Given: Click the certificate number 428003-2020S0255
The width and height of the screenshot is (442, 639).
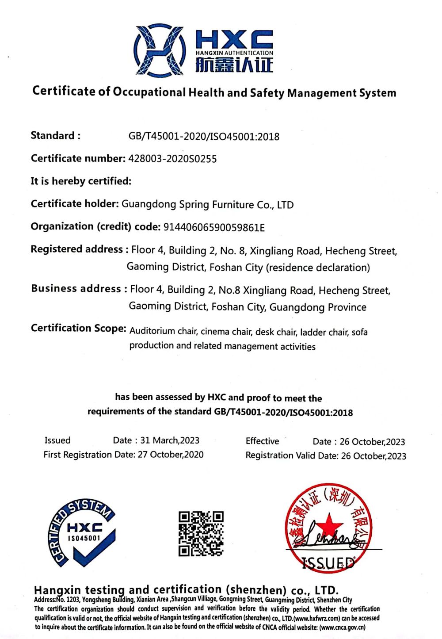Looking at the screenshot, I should [x=172, y=159].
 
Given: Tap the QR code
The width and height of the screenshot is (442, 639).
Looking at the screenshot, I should [x=201, y=533].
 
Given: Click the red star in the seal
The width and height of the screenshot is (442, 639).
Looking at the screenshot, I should [x=328, y=524].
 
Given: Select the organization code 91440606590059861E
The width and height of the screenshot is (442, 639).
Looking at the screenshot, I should [x=214, y=227].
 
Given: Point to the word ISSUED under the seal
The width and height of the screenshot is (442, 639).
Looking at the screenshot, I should [x=328, y=563].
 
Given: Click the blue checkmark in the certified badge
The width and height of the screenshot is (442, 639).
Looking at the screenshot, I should [x=93, y=551].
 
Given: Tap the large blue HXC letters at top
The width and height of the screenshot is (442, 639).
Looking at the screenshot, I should [x=234, y=40].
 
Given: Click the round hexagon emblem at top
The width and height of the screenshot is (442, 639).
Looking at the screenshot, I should [x=159, y=50].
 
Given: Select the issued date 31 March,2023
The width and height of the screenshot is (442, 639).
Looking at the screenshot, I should [x=170, y=440].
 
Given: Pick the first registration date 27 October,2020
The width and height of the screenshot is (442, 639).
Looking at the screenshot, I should [x=171, y=455].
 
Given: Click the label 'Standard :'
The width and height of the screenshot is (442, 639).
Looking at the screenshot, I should [x=56, y=136].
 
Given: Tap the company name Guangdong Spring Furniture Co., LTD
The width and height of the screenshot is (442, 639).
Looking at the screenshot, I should [x=207, y=205].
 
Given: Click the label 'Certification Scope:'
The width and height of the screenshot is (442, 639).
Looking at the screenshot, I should [x=79, y=328].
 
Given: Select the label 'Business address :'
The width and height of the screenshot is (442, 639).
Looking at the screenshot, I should [x=76, y=289].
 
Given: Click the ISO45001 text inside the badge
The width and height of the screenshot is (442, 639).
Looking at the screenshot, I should [x=84, y=538].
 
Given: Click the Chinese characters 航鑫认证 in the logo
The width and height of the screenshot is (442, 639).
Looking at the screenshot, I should [x=234, y=65].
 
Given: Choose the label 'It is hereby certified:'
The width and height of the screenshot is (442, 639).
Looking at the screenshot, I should [x=81, y=181].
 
